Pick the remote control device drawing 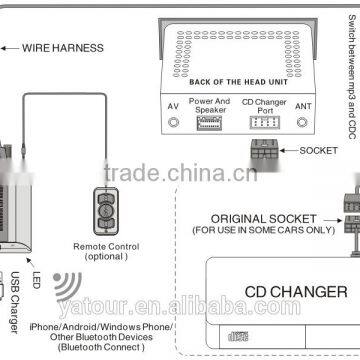[103, 204]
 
